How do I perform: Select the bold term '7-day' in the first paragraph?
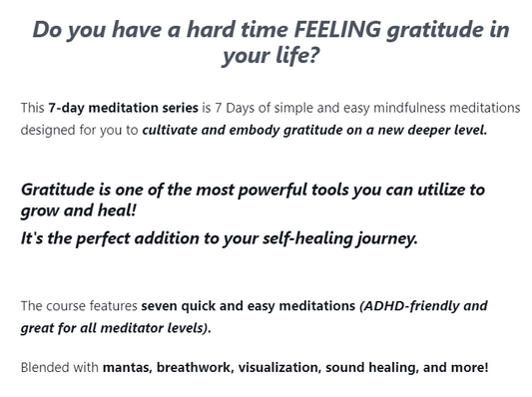[x=66, y=107]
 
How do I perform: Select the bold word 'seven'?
[x=162, y=305]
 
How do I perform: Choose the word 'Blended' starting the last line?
[x=47, y=367]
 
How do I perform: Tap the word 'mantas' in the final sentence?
[x=126, y=367]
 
